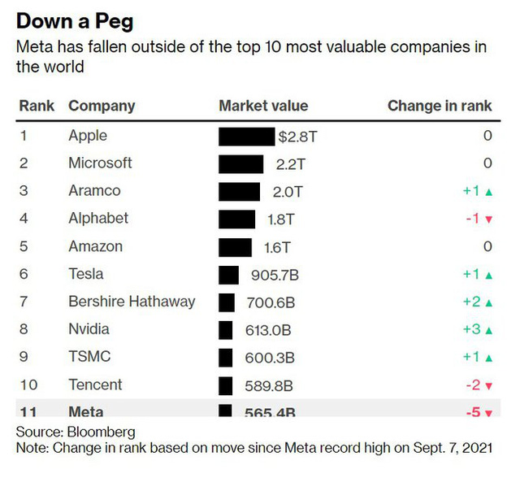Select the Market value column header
(x=263, y=106)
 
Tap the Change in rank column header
(x=440, y=106)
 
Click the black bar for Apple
(x=246, y=136)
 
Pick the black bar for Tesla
(x=229, y=275)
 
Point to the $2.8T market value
(x=297, y=136)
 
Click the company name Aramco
(x=94, y=191)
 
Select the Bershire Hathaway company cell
(x=132, y=302)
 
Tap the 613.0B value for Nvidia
(x=269, y=330)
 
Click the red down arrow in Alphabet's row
(x=489, y=219)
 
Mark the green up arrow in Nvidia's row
(x=489, y=331)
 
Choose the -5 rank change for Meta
(x=473, y=412)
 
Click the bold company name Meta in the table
(x=86, y=412)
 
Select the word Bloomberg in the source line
(x=101, y=431)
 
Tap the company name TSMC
(x=89, y=357)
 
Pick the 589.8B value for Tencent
(x=270, y=385)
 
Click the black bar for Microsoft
(x=240, y=164)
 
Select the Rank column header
(x=37, y=106)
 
